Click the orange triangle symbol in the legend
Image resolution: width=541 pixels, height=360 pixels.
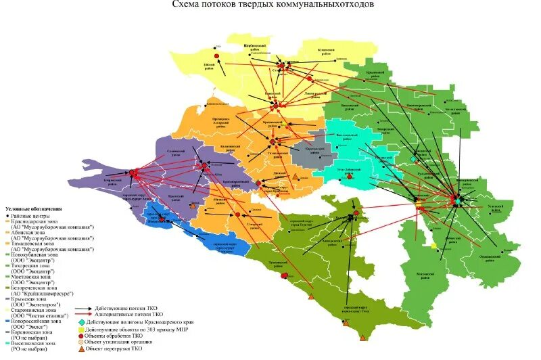point(81,348)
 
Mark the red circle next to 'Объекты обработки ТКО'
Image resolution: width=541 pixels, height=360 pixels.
point(81,336)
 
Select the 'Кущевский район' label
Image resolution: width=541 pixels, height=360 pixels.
point(320,51)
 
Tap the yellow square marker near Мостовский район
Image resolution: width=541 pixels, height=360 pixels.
point(434,246)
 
